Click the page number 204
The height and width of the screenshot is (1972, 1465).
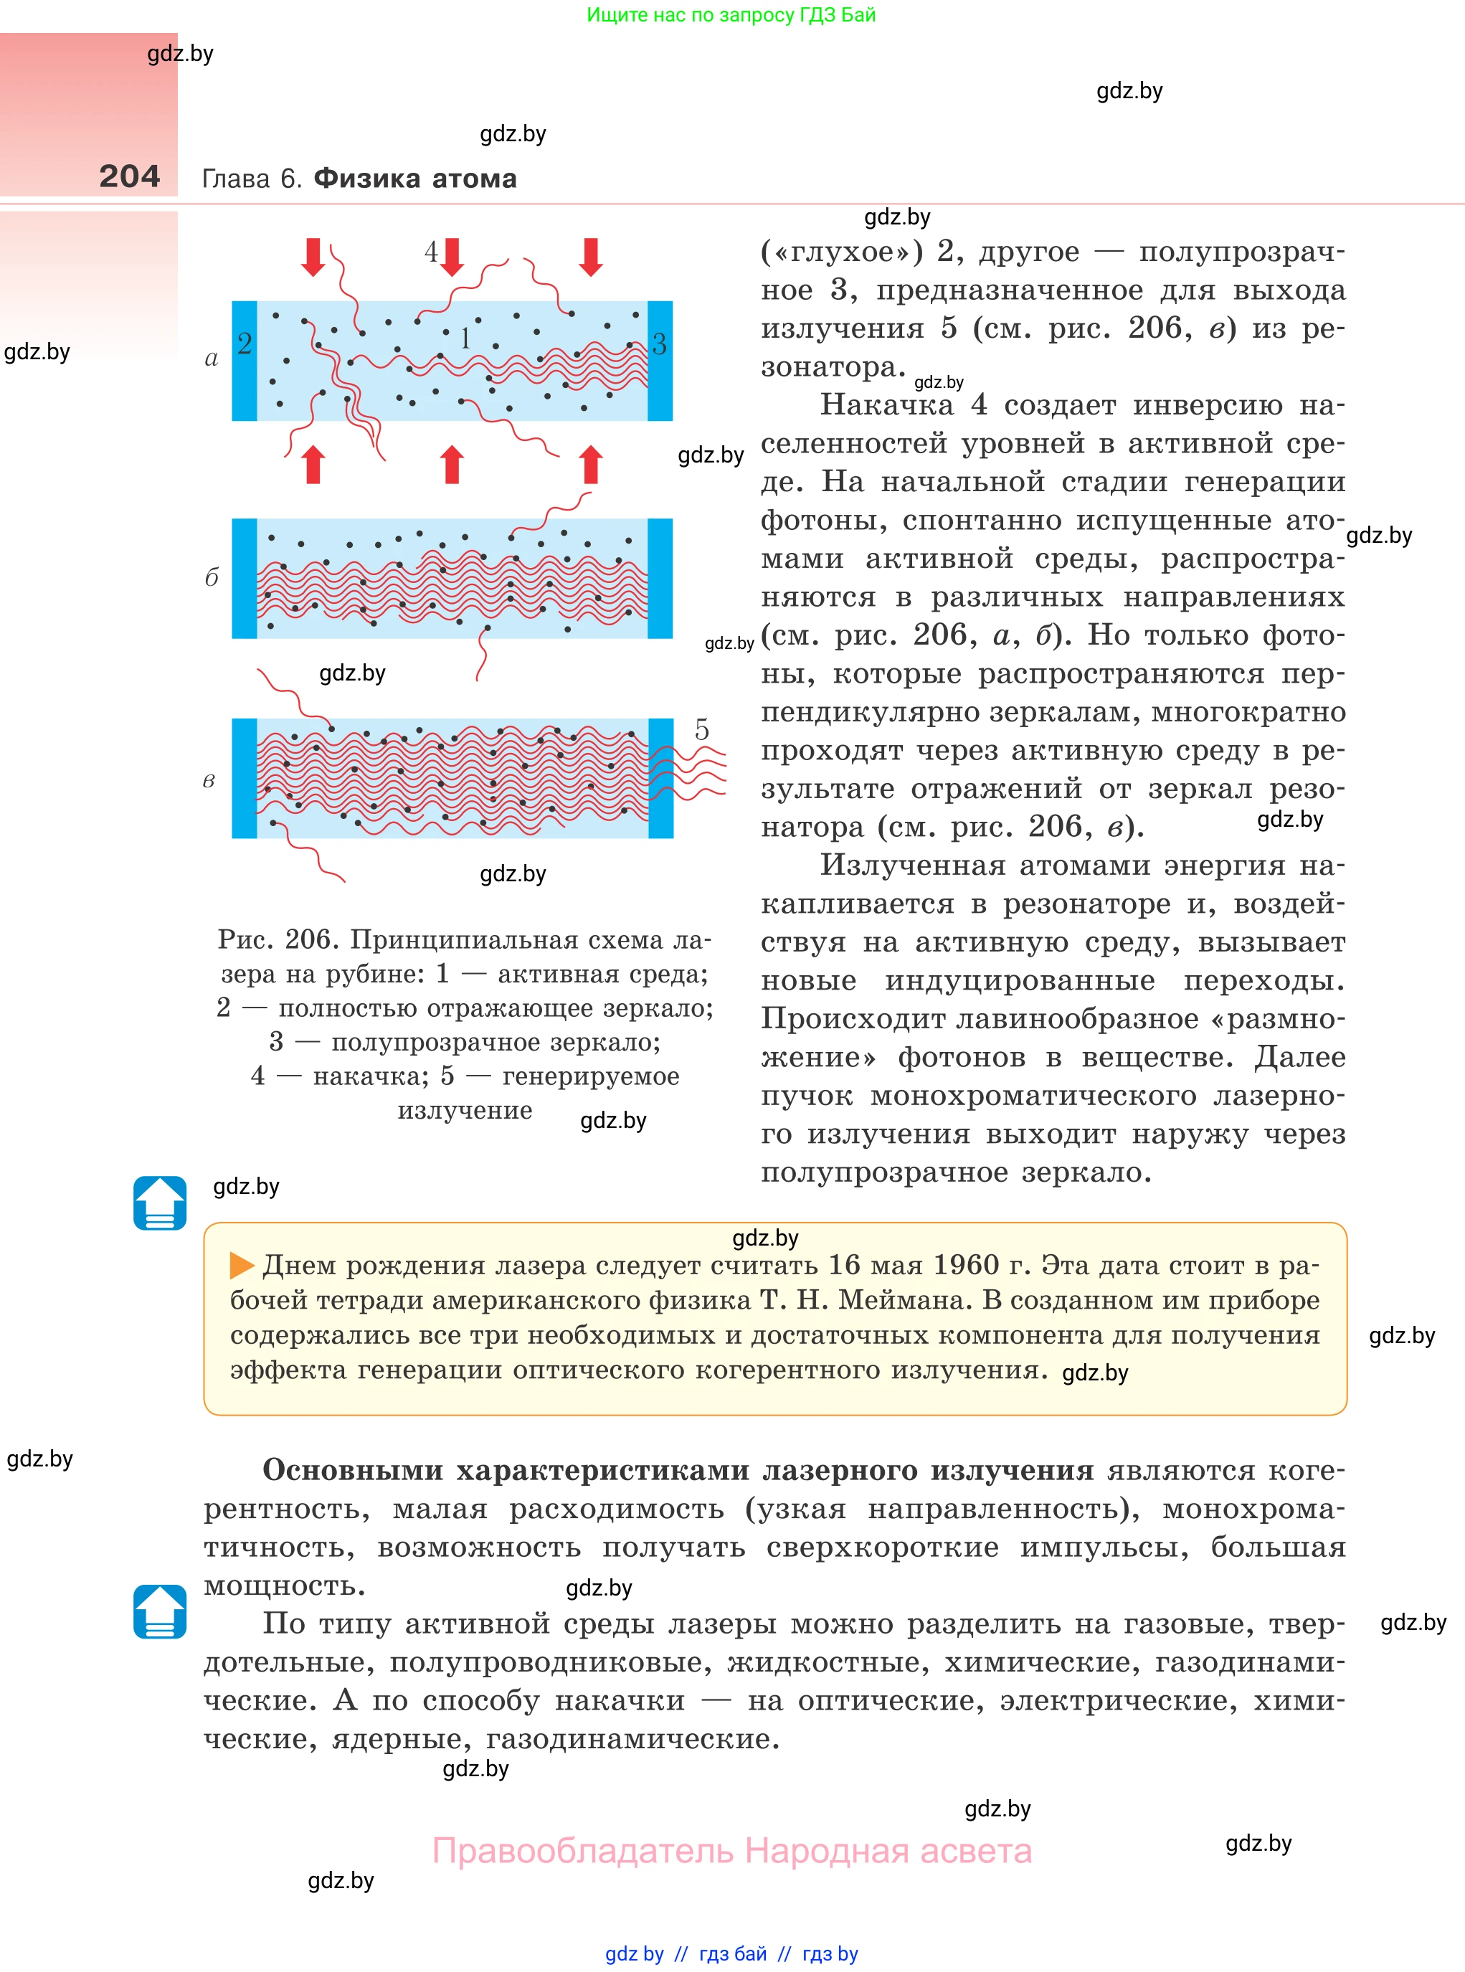point(130,176)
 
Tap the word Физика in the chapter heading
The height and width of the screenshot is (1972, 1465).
point(366,179)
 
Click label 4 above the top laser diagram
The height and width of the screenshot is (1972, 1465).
point(431,252)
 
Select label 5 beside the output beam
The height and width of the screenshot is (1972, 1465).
point(701,730)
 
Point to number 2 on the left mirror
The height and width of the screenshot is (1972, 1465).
point(245,343)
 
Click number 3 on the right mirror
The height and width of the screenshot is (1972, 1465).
point(659,344)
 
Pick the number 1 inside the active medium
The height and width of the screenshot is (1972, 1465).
point(465,338)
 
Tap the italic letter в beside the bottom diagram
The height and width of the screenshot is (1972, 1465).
point(209,780)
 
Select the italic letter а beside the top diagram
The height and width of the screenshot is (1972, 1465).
point(211,359)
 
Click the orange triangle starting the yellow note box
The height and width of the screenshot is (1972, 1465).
point(241,1266)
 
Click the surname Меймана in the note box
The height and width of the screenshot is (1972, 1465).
point(902,1300)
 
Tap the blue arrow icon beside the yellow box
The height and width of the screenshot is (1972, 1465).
point(160,1203)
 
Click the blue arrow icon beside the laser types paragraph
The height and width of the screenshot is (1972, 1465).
point(160,1611)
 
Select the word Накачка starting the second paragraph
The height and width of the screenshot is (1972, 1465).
point(886,405)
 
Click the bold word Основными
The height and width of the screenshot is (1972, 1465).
point(352,1470)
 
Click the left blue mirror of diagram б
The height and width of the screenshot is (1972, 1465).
point(244,578)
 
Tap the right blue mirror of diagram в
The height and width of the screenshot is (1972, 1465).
point(660,779)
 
